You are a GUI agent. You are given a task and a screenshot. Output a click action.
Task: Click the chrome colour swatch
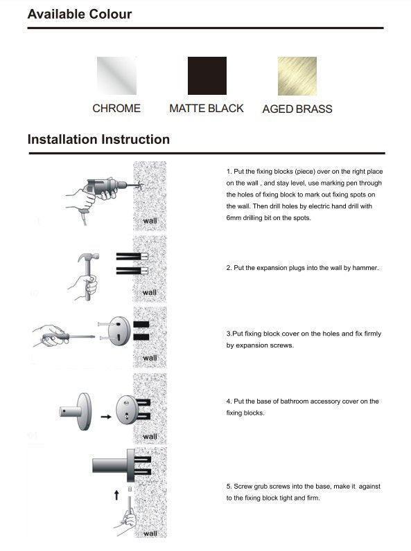(x=116, y=75)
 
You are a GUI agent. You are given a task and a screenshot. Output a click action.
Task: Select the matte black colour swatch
(x=207, y=75)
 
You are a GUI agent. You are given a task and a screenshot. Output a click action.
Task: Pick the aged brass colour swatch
(x=297, y=75)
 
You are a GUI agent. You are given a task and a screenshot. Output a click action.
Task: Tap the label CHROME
(x=116, y=109)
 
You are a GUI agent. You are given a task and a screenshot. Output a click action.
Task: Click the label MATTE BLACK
(x=207, y=109)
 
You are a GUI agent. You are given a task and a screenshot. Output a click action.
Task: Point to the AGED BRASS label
(x=297, y=109)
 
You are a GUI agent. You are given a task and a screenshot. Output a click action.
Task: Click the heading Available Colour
(x=80, y=14)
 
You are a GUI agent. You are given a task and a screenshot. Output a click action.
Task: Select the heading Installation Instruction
(x=98, y=139)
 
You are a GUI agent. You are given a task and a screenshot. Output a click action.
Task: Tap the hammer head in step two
(x=90, y=256)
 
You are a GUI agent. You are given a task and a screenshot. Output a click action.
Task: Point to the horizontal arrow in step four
(x=105, y=417)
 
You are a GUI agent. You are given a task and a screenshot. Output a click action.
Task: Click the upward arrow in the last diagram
(x=116, y=495)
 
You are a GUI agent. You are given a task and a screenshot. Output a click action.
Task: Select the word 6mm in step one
(x=235, y=218)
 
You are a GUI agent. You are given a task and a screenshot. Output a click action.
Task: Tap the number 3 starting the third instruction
(x=229, y=334)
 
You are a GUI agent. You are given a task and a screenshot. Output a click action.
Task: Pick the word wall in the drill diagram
(x=150, y=222)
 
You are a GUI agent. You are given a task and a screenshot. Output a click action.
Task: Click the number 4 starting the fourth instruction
(x=229, y=401)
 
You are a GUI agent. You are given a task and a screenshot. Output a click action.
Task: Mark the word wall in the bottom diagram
(x=150, y=534)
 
